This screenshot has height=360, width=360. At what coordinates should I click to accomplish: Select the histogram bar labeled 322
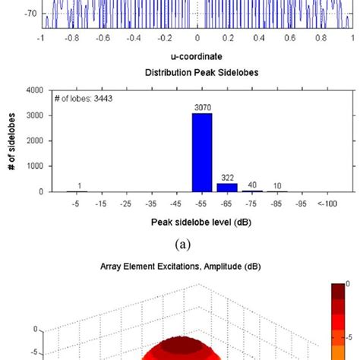click(x=227, y=187)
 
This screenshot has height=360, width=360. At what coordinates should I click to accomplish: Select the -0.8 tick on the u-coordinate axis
click(x=72, y=36)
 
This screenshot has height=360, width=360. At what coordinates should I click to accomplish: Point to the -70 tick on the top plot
click(x=30, y=13)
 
